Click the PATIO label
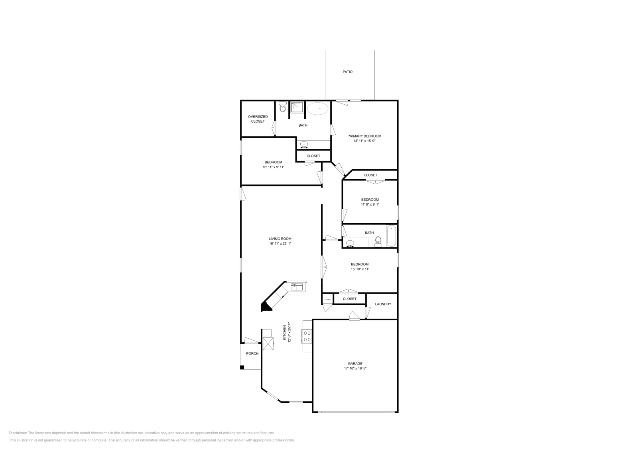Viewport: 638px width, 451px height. [347, 72]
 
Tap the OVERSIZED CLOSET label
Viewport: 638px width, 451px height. [258, 119]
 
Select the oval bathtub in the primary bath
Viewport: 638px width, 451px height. [318, 109]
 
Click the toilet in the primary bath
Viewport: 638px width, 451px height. [283, 107]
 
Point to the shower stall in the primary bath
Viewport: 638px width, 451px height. [297, 107]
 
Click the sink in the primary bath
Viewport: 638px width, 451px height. [304, 145]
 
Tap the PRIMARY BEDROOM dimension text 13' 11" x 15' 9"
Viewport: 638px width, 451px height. [364, 141]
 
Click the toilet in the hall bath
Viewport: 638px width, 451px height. [378, 241]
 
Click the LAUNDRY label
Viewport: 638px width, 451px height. [383, 304]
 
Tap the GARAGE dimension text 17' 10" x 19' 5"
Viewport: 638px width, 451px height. [355, 369]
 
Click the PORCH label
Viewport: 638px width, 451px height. [252, 353]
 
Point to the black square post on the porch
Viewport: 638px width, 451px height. [242, 367]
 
